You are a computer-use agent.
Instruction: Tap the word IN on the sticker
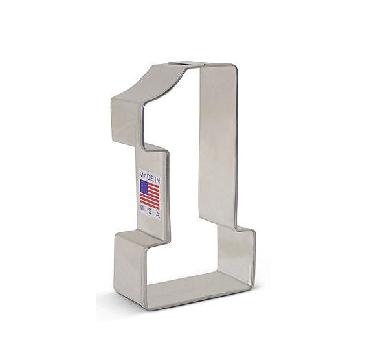point(157,181)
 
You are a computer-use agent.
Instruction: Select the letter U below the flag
point(142,207)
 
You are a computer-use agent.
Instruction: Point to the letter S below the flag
point(150,211)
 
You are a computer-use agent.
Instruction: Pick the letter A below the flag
point(158,215)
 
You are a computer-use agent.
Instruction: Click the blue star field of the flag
point(144,186)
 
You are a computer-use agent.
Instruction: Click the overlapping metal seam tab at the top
point(186,63)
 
